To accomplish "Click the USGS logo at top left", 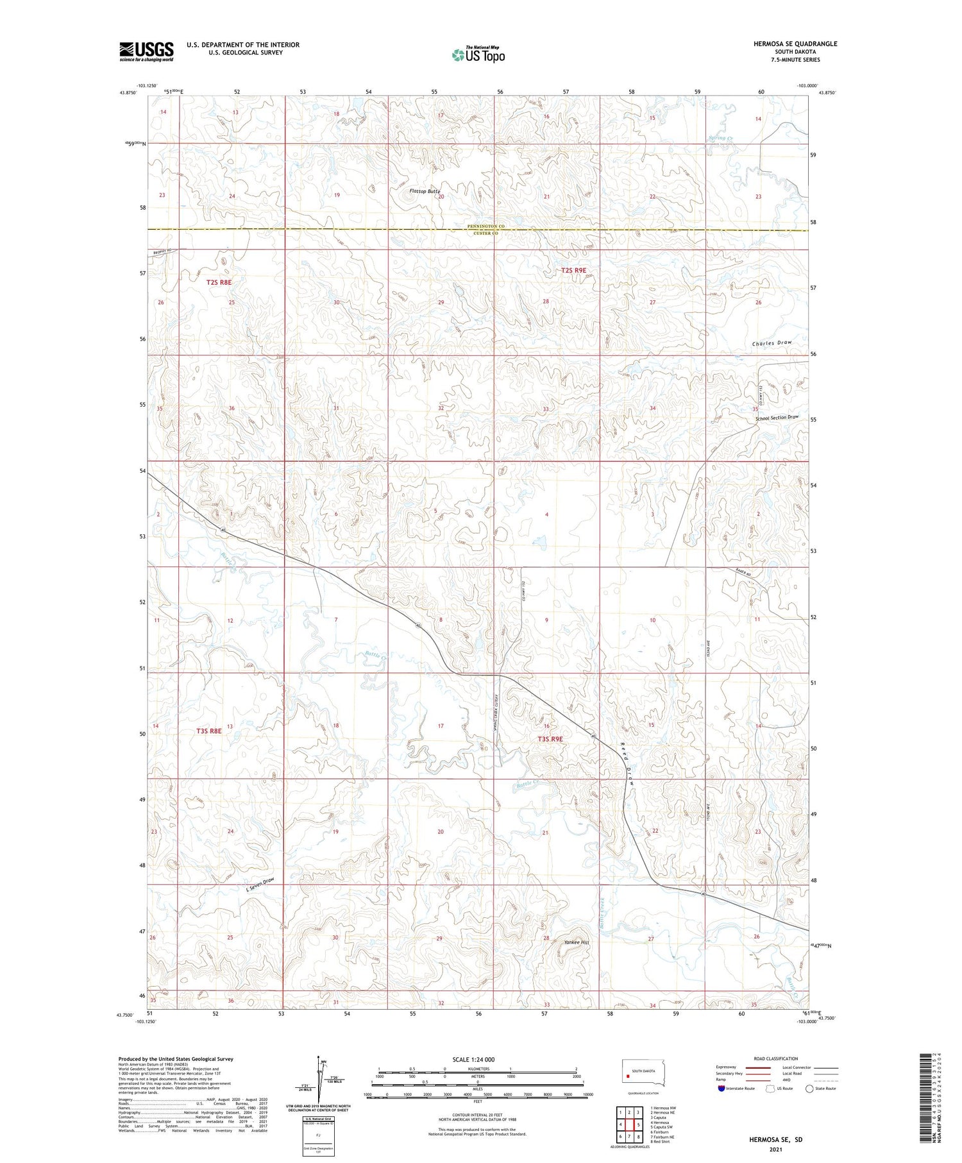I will [x=146, y=51].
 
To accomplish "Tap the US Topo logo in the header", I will [x=478, y=55].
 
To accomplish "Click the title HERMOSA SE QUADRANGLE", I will [x=795, y=44].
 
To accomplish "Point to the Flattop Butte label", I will [x=425, y=191].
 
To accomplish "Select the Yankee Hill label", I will [x=576, y=942].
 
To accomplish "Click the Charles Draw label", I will [x=772, y=343].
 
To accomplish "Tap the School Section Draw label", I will [x=777, y=418].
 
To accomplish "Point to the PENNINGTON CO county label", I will [x=485, y=226].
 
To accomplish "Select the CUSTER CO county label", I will [x=485, y=233].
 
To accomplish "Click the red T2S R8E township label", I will [x=219, y=282].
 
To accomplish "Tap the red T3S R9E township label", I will [x=550, y=739].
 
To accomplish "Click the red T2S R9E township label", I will [x=573, y=271].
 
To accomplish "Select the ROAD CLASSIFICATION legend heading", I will [x=776, y=1058].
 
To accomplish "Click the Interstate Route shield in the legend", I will [x=721, y=1089].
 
